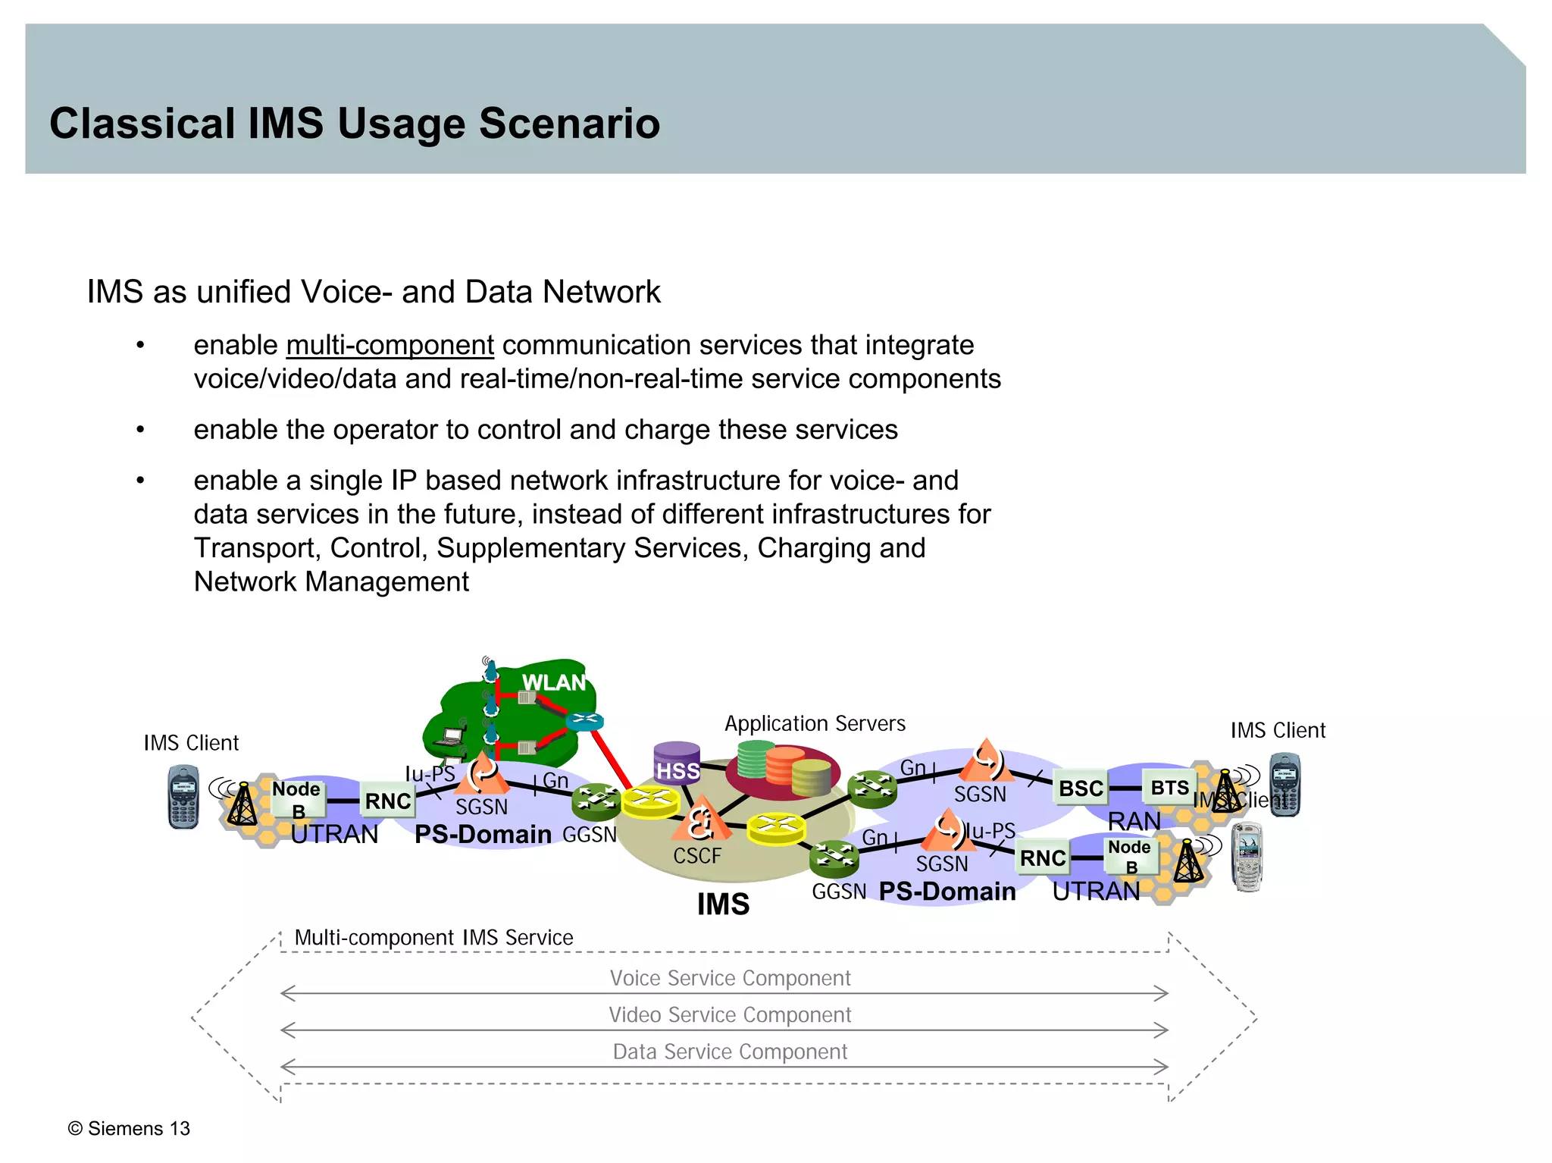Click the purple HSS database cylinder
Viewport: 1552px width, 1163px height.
677,763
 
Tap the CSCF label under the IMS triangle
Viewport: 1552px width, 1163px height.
697,856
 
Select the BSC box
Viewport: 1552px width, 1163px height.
1081,788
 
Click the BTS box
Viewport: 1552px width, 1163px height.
1169,788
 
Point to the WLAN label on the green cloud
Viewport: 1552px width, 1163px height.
554,682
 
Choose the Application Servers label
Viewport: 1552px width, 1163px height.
815,723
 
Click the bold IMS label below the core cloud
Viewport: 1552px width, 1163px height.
723,904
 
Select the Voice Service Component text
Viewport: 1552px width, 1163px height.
730,978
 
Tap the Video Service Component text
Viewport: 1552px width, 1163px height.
730,1014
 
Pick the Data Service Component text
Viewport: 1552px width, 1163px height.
730,1052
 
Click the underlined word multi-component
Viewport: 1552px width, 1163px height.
390,345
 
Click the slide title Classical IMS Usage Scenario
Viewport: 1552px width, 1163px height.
355,123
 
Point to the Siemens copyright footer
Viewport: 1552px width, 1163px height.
129,1128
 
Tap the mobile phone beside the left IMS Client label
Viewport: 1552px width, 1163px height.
183,797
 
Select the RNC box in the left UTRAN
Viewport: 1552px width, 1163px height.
387,801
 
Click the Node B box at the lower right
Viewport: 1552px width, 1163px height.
1130,856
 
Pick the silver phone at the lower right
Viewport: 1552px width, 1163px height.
1247,857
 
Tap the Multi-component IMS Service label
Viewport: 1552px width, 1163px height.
433,938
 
